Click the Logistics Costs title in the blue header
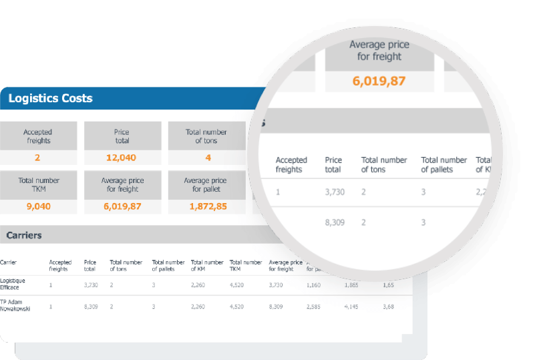pyautogui.click(x=50, y=98)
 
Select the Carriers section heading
pyautogui.click(x=24, y=235)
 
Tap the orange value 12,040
pyautogui.click(x=121, y=158)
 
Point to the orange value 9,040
pyautogui.click(x=39, y=206)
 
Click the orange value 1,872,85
pyautogui.click(x=205, y=206)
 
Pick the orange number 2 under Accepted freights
pyautogui.click(x=37, y=158)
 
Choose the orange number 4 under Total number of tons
pyautogui.click(x=208, y=158)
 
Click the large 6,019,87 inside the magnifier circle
pyautogui.click(x=379, y=81)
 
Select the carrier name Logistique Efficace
pyautogui.click(x=13, y=284)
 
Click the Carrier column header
pyautogui.click(x=8, y=262)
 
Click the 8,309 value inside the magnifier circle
pyautogui.click(x=335, y=222)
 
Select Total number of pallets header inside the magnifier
pyautogui.click(x=443, y=165)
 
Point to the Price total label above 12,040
pyautogui.click(x=121, y=136)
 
